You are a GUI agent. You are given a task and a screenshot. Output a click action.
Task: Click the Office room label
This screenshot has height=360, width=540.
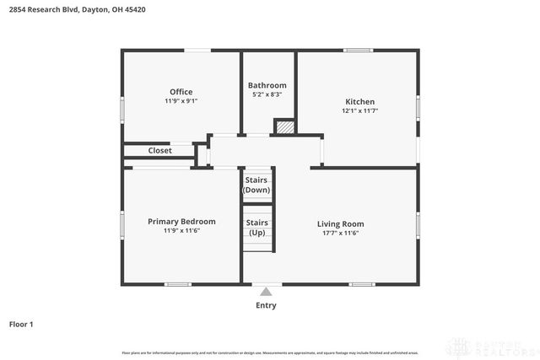[x=181, y=92]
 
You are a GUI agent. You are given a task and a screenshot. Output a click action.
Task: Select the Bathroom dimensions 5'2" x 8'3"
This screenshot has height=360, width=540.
[x=267, y=95]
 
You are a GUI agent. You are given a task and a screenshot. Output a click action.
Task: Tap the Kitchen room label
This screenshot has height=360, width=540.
[x=359, y=101]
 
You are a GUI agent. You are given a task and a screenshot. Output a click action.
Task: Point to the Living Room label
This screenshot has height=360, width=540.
[x=340, y=223]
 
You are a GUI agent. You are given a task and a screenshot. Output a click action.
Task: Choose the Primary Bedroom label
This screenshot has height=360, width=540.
[x=181, y=222]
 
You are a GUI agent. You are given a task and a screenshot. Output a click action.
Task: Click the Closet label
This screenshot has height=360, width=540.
[x=160, y=151]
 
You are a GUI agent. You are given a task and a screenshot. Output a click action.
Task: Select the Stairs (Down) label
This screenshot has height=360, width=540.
[x=256, y=185]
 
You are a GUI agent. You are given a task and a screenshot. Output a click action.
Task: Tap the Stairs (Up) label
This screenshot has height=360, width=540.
[x=256, y=227]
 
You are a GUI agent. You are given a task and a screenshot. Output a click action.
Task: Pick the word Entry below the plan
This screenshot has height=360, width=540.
[x=266, y=305]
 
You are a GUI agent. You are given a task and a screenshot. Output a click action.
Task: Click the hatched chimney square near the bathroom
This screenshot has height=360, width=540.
[x=285, y=126]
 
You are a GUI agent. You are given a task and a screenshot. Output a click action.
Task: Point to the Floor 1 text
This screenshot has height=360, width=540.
[x=21, y=324]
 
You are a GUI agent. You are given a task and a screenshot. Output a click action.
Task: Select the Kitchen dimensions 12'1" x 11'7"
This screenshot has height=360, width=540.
[x=359, y=110]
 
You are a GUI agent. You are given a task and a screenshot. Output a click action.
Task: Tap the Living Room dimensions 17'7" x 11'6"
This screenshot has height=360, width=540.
[x=340, y=233]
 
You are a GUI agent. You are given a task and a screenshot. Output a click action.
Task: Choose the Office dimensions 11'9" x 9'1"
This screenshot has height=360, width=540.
[x=181, y=101]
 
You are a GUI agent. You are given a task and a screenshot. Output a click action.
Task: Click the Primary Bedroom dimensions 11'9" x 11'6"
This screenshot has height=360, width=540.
[x=181, y=231]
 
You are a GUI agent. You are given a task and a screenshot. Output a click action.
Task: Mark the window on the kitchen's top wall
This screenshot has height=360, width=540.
[x=359, y=51]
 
